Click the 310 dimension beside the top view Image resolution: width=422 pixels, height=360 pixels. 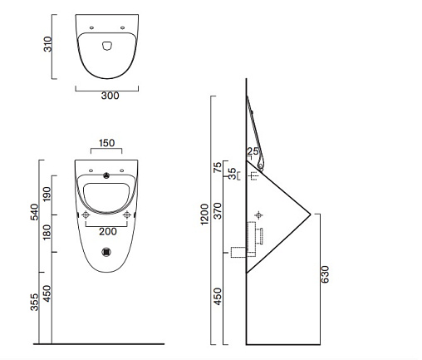[47, 44]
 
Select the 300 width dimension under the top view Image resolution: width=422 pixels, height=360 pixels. [110, 96]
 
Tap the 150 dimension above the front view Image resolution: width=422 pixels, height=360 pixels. [106, 143]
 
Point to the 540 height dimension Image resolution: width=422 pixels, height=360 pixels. [35, 212]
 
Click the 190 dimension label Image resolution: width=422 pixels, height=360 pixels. [47, 194]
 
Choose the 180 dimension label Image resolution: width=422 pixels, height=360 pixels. [47, 232]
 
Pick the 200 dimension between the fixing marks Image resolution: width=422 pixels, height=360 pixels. [108, 232]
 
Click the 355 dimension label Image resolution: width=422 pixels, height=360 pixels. [35, 303]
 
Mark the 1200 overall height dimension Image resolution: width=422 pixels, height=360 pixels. [204, 215]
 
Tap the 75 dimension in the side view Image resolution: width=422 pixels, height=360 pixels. [218, 167]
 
